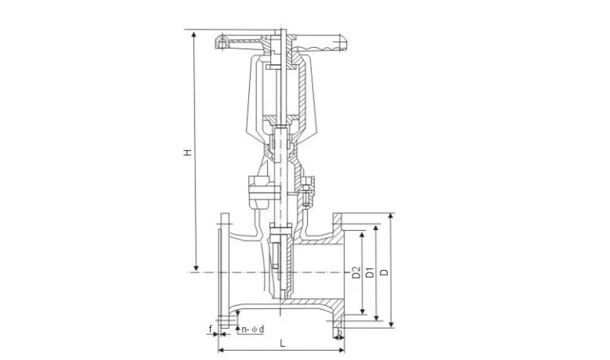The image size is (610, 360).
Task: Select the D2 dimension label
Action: point(356,272)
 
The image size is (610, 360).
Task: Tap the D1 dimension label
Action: point(369,272)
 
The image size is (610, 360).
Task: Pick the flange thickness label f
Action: point(211,329)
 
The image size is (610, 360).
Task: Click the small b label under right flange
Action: point(339,334)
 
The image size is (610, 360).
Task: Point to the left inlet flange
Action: point(222,271)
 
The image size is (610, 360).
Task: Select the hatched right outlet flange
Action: point(340,271)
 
